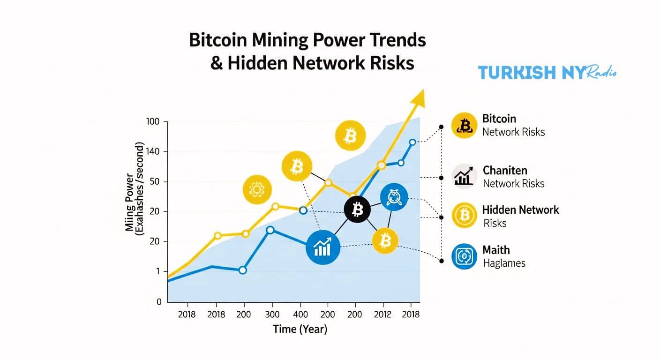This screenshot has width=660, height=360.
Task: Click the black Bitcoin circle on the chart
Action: (357, 210)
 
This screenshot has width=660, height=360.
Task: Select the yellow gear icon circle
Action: (256, 189)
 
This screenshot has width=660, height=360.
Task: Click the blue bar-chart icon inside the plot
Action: (322, 247)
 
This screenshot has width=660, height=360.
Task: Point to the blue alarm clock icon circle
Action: (394, 197)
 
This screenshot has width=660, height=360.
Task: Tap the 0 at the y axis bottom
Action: (159, 302)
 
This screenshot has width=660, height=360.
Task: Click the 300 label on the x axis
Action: (272, 315)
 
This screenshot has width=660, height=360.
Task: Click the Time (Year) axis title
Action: (300, 330)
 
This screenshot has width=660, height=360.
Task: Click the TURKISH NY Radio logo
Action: (547, 72)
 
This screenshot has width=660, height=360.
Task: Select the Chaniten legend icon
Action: (465, 177)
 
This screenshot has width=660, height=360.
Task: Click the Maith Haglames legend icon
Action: (465, 256)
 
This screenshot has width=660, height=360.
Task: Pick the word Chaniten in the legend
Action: (505, 170)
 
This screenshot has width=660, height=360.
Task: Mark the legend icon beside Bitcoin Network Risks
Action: (465, 125)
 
